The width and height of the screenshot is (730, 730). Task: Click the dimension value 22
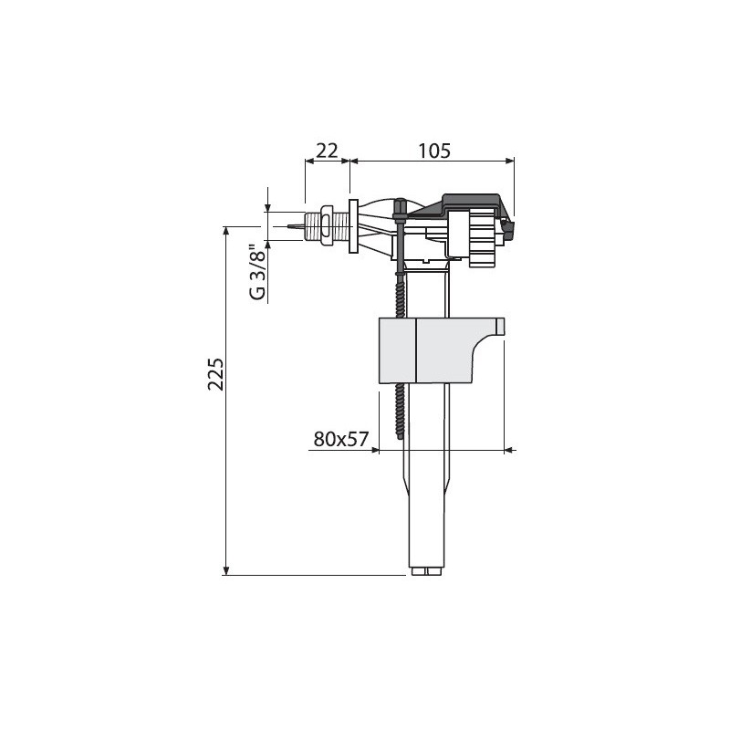327,151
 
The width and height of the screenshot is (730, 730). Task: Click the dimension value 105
434,151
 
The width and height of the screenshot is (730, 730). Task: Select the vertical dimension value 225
215,374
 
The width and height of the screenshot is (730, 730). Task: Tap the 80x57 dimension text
341,439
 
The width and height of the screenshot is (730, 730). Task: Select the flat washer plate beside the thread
353,226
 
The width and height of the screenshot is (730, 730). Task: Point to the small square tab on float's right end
500,327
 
